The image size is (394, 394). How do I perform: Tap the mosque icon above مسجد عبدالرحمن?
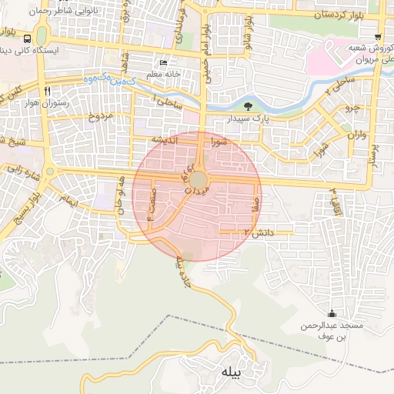(332, 313)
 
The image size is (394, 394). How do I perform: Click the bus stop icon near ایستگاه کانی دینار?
(28, 38)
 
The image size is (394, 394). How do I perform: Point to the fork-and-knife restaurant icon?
(48, 91)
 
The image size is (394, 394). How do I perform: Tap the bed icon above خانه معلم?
(162, 63)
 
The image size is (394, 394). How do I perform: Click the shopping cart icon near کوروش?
(377, 37)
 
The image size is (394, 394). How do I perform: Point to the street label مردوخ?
(100, 117)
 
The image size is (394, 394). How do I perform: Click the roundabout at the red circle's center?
(198, 179)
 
